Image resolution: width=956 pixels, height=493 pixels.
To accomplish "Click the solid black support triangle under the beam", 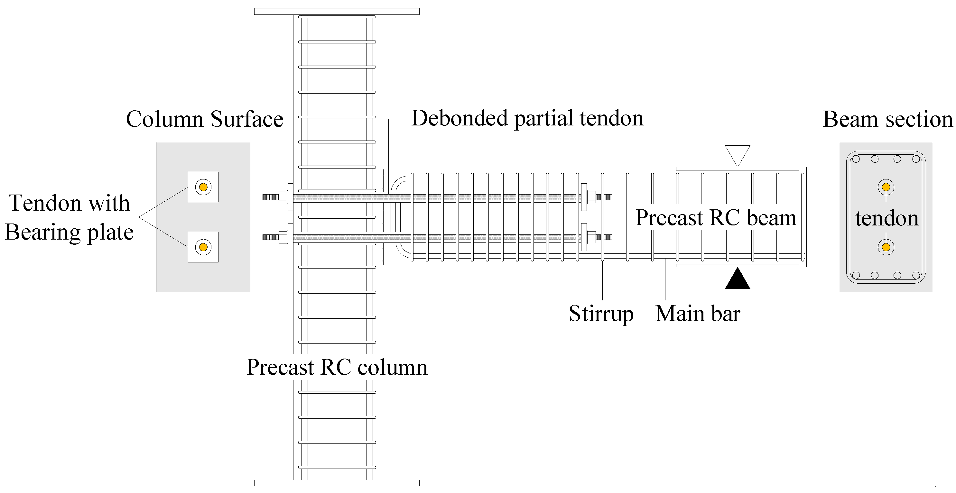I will click(x=737, y=280).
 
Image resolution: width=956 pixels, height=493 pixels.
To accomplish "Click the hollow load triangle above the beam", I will click(x=738, y=153).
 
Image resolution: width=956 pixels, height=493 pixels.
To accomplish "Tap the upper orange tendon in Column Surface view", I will click(x=203, y=187).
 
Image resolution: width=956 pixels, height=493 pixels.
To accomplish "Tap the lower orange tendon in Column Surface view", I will click(x=203, y=247).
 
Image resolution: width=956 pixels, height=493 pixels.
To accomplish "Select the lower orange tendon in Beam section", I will click(x=886, y=247).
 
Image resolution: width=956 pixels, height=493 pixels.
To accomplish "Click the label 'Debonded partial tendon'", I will click(x=527, y=119).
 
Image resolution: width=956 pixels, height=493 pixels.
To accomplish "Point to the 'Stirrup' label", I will click(x=601, y=314).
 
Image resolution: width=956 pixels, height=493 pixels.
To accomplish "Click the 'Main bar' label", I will click(x=697, y=314).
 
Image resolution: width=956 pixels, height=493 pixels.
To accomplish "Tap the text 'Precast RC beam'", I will click(x=716, y=218).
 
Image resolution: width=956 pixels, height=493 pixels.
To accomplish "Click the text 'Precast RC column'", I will click(x=337, y=367).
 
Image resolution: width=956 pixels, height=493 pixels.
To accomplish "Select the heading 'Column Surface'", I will click(x=204, y=119).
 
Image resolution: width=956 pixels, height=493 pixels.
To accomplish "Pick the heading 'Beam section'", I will click(x=887, y=119).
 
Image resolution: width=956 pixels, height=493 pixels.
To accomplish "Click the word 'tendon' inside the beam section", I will click(x=886, y=218).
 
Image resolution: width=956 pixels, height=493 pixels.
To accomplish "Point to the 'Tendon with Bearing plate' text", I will click(x=69, y=218).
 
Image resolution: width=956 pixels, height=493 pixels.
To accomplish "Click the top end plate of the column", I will click(x=337, y=12).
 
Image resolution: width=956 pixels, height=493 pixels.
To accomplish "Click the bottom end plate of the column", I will click(x=337, y=483).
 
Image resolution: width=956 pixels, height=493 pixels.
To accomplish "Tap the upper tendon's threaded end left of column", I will click(x=270, y=197).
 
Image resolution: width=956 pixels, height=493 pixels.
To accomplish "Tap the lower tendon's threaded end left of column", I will click(x=270, y=237).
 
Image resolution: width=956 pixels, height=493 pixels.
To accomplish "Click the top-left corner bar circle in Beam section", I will click(x=856, y=159).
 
